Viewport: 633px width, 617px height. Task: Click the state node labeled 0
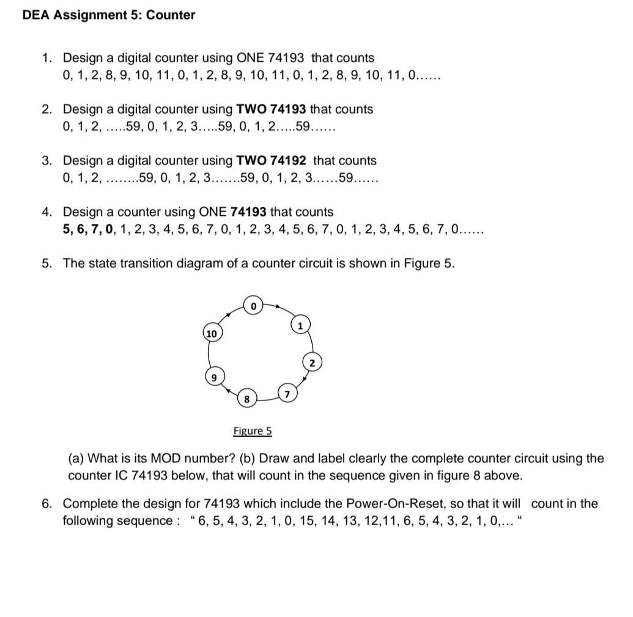pos(253,305)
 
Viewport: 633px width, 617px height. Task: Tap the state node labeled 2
pos(312,363)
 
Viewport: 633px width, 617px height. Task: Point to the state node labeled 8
pos(246,399)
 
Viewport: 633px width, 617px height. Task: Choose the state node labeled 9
pos(213,377)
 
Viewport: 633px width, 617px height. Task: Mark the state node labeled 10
pos(212,334)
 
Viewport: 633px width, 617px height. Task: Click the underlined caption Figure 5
pos(253,431)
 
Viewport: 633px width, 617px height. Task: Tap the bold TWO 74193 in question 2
pos(271,109)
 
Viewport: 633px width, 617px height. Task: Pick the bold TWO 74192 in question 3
pos(271,161)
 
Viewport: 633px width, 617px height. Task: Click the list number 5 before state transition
pos(46,264)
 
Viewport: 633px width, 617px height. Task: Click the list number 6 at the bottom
pos(46,504)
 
